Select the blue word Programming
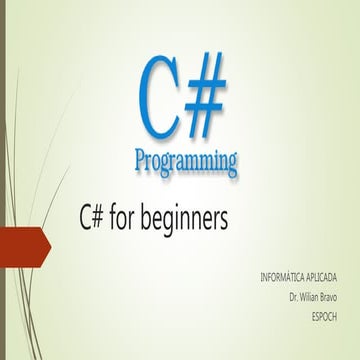click(x=186, y=158)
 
